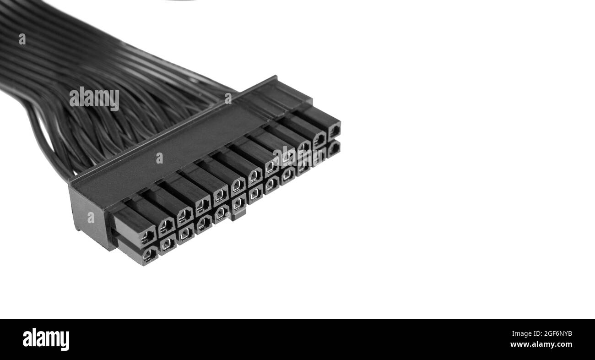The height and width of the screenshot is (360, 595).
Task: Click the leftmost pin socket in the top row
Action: point(147,236)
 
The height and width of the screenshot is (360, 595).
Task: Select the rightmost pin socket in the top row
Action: point(334,131)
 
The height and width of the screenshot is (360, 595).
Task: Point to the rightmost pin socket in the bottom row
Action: point(333,148)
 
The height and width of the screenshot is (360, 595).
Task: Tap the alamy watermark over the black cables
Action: point(94,98)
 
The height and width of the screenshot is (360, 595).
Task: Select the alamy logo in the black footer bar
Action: point(46,339)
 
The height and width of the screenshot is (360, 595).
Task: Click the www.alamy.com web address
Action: point(541,344)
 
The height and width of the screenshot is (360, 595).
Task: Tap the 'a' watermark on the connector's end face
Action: point(91,218)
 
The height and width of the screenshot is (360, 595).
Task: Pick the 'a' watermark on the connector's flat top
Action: point(159,158)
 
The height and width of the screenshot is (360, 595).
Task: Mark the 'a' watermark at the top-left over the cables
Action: point(22,39)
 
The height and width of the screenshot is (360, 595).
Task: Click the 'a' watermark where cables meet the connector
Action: point(228,98)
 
